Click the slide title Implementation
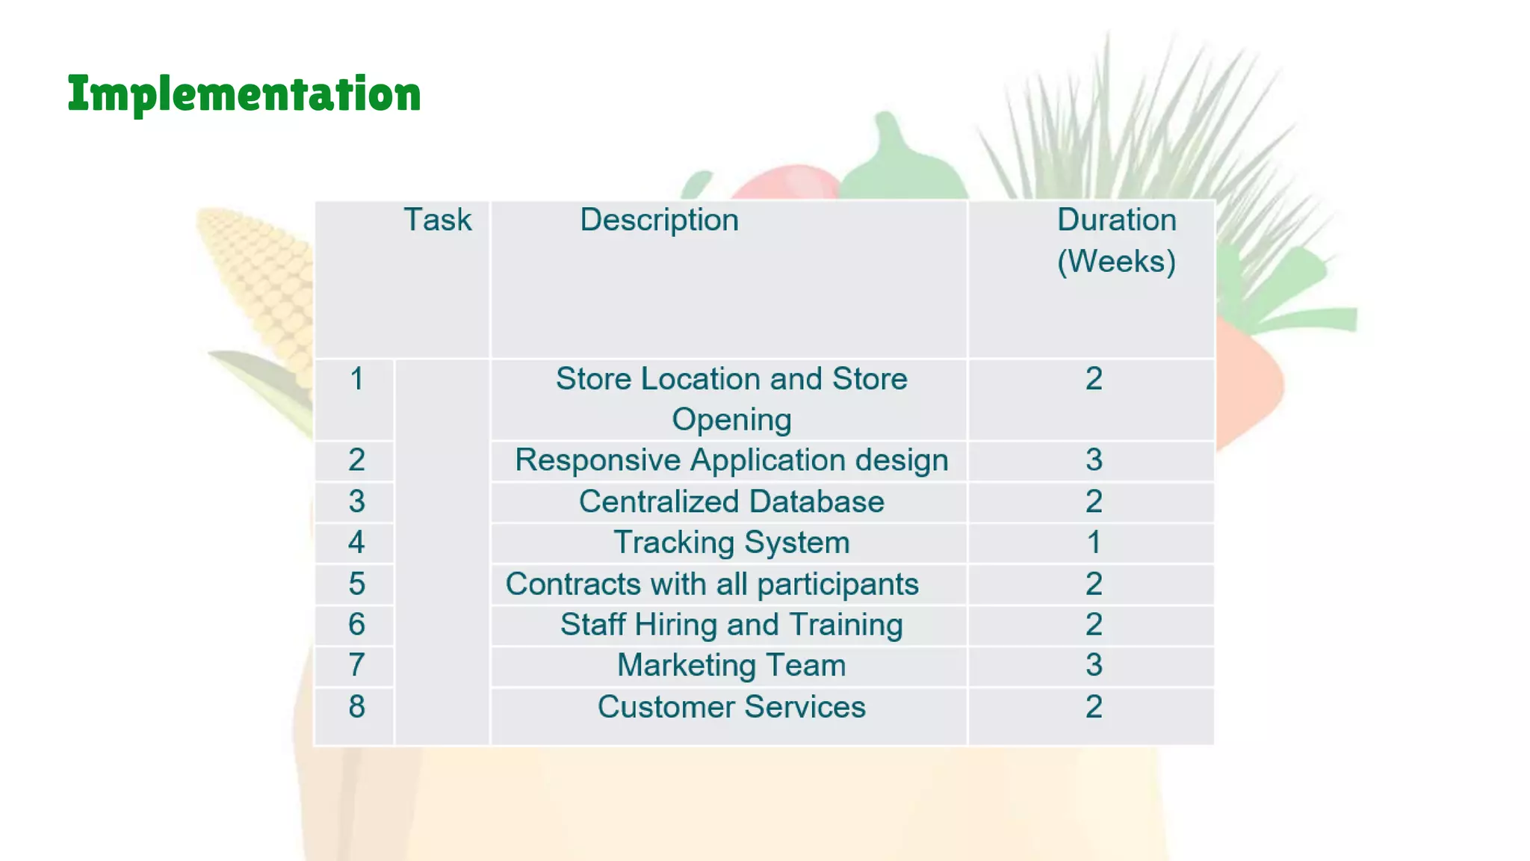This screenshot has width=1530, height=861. tap(244, 94)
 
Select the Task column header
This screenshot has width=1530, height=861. tap(437, 220)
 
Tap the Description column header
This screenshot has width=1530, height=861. tap(659, 220)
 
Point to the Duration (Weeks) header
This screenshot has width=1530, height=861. tap(1116, 240)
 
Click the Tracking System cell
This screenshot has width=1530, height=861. tap(731, 543)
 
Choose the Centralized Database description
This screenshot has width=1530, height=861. tap(731, 502)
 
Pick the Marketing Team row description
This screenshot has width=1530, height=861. tap(731, 665)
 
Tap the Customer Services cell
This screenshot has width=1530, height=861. tap(731, 707)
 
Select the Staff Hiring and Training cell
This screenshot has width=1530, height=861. tap(731, 625)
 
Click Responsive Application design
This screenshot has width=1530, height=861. tap(731, 460)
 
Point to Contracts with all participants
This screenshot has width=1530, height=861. tap(712, 584)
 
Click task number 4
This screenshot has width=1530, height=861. tap(356, 543)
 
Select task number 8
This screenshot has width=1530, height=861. tap(356, 707)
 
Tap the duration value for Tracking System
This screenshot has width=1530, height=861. tap(1094, 543)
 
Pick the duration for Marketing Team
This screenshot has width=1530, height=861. tap(1094, 665)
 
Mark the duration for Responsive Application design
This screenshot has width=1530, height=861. tap(1094, 460)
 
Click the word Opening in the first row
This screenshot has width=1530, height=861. tap(731, 420)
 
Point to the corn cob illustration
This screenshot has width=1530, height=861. tap(258, 284)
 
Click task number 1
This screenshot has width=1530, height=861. tap(356, 379)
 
